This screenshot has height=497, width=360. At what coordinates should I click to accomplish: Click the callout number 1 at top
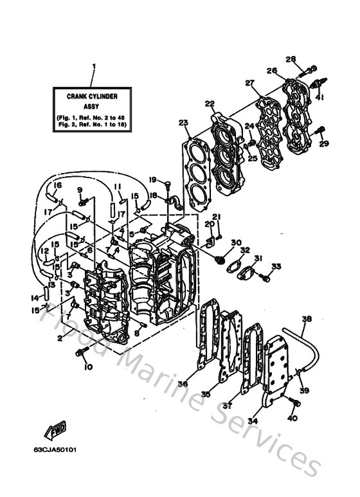(x=94, y=67)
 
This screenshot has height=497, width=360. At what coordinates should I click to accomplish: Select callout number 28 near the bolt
(x=290, y=60)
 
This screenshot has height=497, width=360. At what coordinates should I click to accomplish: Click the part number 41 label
(x=319, y=98)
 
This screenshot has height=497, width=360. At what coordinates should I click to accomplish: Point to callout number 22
(x=210, y=104)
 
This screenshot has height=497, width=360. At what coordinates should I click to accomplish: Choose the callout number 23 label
(x=183, y=123)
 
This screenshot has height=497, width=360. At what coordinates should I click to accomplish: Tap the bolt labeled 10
(x=82, y=352)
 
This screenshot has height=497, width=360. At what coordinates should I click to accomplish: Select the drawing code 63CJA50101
(x=55, y=449)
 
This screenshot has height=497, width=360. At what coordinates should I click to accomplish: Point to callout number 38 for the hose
(x=307, y=319)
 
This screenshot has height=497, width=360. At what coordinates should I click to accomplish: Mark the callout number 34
(x=253, y=421)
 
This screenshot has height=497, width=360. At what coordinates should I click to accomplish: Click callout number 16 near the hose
(x=57, y=185)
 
